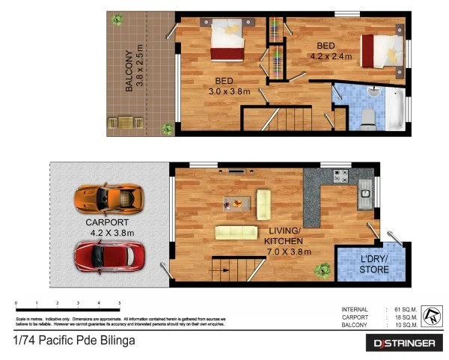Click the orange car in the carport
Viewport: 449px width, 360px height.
click(x=106, y=199)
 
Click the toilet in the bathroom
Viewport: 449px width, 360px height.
click(x=368, y=118)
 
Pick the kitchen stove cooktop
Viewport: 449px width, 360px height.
click(x=341, y=177)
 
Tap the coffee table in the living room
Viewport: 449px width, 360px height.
click(x=236, y=201)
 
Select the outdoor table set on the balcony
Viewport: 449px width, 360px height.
click(x=125, y=121)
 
